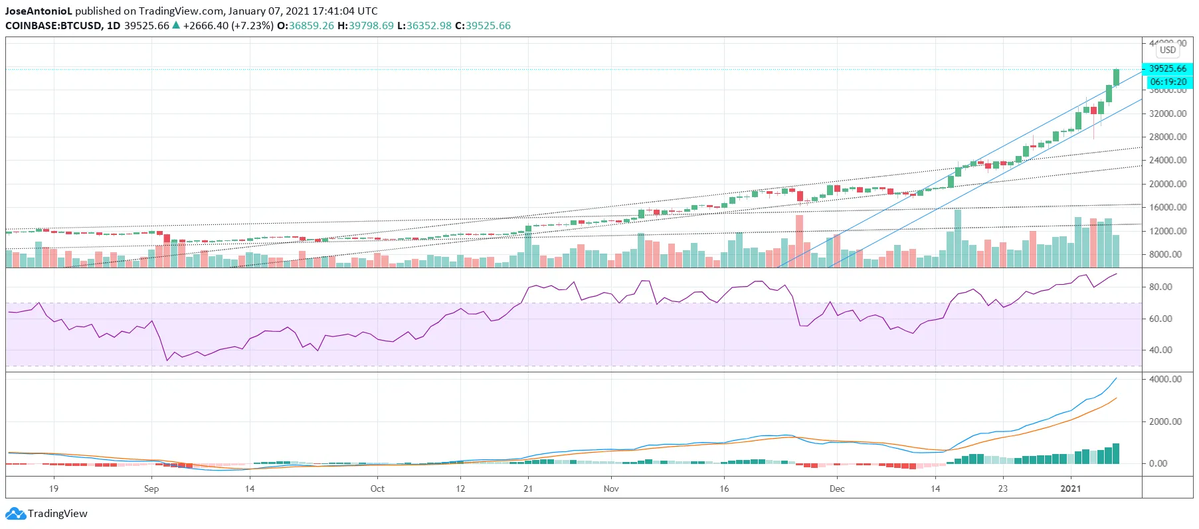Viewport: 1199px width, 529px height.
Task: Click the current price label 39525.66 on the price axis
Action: pyautogui.click(x=1167, y=68)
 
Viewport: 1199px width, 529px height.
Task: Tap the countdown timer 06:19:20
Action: pyautogui.click(x=1168, y=82)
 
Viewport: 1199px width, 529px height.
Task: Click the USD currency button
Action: pyautogui.click(x=1167, y=50)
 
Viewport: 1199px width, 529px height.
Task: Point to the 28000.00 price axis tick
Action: pyautogui.click(x=1167, y=137)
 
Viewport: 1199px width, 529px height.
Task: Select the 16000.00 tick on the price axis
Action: pyautogui.click(x=1167, y=207)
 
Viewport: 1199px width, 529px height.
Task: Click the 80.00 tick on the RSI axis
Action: pyautogui.click(x=1160, y=287)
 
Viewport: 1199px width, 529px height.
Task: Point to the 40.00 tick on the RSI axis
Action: pyautogui.click(x=1160, y=350)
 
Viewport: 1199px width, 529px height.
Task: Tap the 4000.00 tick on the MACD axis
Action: pyautogui.click(x=1165, y=379)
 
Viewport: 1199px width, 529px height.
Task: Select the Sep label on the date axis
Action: pyautogui.click(x=151, y=489)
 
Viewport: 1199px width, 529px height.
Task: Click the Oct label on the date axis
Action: pyautogui.click(x=377, y=489)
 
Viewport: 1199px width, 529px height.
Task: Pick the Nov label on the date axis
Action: pyautogui.click(x=611, y=489)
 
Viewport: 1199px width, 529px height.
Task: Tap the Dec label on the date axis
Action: pyautogui.click(x=837, y=489)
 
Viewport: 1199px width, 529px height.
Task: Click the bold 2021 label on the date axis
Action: pyautogui.click(x=1070, y=489)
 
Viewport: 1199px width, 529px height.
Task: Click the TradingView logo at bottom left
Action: pyautogui.click(x=46, y=514)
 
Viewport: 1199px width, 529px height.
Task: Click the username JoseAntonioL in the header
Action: pyautogui.click(x=38, y=11)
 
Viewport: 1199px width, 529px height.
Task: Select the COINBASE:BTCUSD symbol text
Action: pyautogui.click(x=54, y=26)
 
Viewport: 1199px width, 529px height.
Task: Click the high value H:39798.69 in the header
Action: pyautogui.click(x=365, y=26)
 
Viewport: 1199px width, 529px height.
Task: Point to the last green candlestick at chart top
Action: pyautogui.click(x=1116, y=78)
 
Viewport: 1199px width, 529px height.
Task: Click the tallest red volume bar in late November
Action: pyautogui.click(x=799, y=240)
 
